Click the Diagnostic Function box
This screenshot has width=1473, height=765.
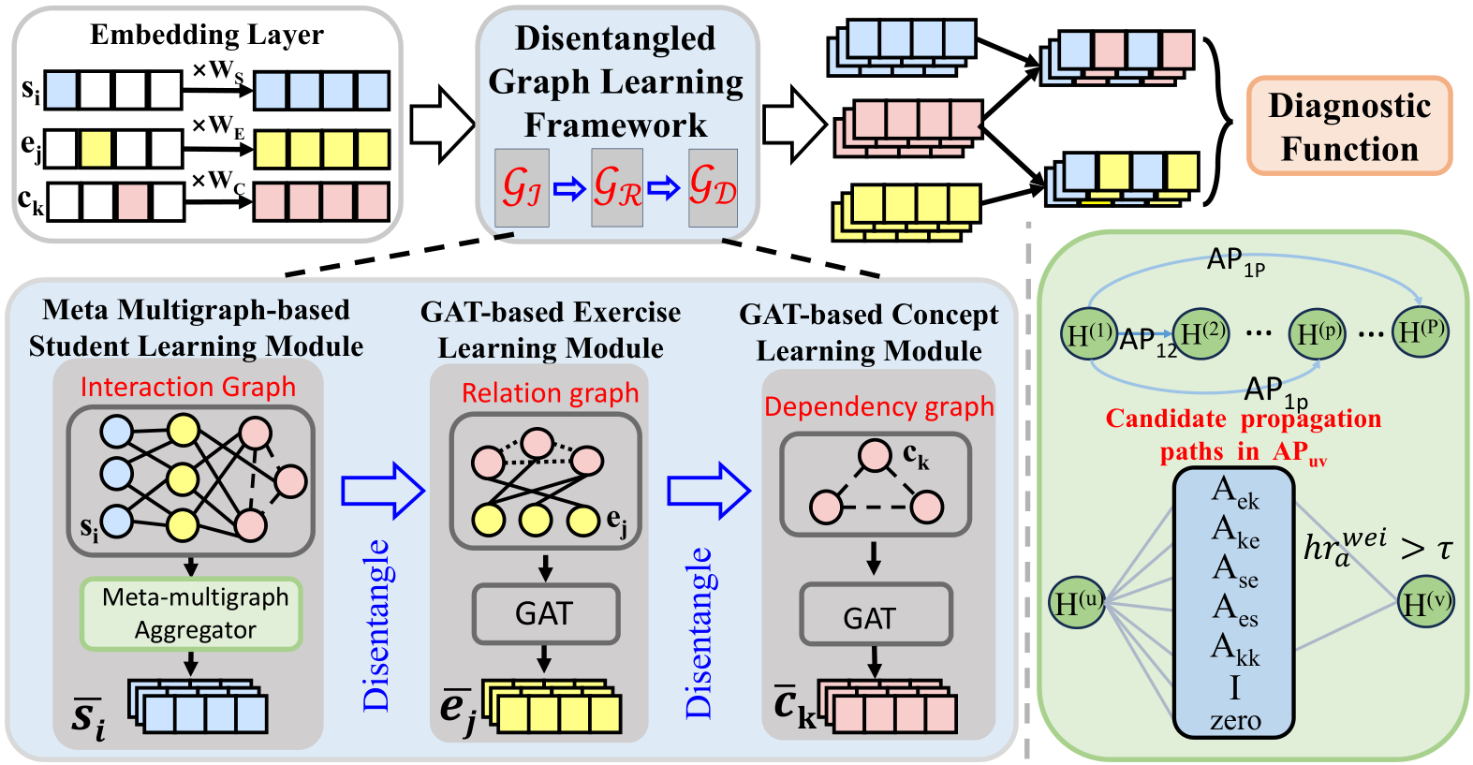pos(1349,125)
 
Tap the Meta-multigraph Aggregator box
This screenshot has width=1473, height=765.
pos(191,613)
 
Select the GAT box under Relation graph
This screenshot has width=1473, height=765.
pos(546,613)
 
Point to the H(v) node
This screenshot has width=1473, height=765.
pos(1424,602)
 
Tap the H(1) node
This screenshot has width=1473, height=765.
pos(1089,333)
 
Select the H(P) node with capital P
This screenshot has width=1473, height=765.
pos(1421,331)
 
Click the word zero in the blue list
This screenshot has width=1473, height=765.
pos(1235,720)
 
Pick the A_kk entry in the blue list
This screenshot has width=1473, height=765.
pos(1235,649)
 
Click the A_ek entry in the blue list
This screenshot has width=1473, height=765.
pos(1235,493)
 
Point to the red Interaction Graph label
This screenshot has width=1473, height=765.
pos(188,387)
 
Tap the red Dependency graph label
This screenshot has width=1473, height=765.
pos(878,406)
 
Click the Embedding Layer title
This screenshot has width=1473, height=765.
pos(207,35)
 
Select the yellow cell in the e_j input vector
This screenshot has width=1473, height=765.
pos(96,149)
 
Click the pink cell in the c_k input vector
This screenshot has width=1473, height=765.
pos(134,202)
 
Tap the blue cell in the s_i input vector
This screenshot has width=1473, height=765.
pos(62,90)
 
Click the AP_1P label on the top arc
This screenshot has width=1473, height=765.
pos(1236,262)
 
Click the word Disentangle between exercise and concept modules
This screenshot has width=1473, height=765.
pos(699,633)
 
